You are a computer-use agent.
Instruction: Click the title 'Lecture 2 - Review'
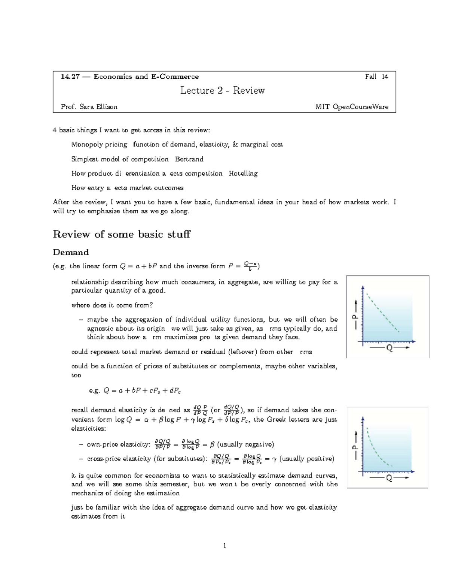tap(223, 91)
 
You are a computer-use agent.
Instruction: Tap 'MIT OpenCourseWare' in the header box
tap(352, 107)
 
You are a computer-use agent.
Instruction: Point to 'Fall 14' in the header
tap(376, 77)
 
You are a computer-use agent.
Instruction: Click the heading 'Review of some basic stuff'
tap(122, 234)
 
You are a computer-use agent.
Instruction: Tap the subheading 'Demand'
tap(71, 252)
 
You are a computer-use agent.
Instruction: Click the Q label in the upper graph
tap(389, 348)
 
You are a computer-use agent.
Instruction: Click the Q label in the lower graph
tap(389, 478)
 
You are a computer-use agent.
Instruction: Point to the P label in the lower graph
tap(355, 447)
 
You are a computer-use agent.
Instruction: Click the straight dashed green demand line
tap(382, 313)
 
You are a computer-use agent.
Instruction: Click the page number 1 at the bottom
tap(224, 546)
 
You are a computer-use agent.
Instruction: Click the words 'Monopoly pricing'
tap(99, 145)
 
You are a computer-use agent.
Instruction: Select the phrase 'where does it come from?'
tap(112, 305)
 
